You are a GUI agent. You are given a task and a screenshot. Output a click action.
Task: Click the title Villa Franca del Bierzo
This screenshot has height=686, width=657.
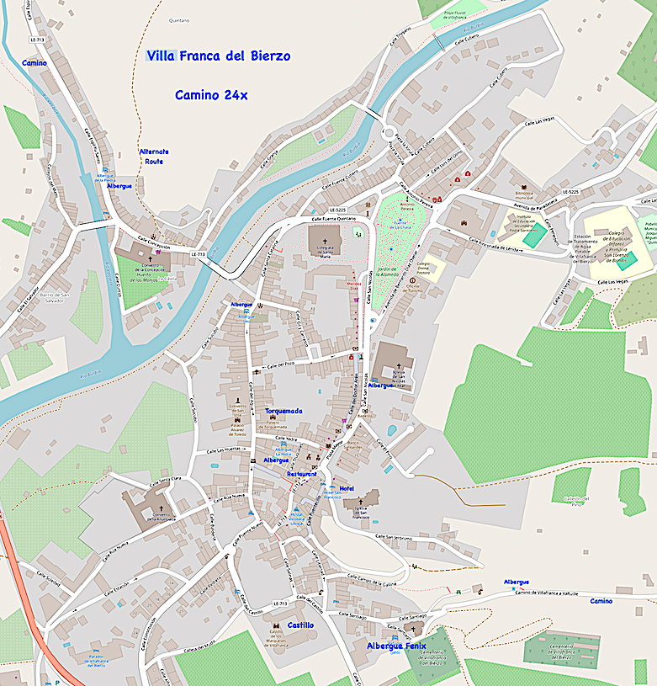click(x=219, y=56)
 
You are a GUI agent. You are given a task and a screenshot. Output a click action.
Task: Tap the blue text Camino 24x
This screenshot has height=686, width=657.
click(x=211, y=95)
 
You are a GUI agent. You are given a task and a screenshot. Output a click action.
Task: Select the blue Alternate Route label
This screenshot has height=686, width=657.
click(x=154, y=157)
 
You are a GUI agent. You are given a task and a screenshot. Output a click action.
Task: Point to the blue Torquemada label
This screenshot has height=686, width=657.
click(x=284, y=412)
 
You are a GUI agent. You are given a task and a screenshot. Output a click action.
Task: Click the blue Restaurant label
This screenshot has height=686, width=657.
click(x=302, y=474)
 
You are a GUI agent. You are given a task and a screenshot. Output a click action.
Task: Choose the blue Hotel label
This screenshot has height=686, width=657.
click(x=347, y=488)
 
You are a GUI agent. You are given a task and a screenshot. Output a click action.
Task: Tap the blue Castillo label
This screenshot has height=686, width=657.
click(x=300, y=625)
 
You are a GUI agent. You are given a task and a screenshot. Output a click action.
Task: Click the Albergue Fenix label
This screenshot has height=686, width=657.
click(x=396, y=646)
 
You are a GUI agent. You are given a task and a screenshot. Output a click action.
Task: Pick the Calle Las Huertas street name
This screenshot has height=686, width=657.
click(x=216, y=449)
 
